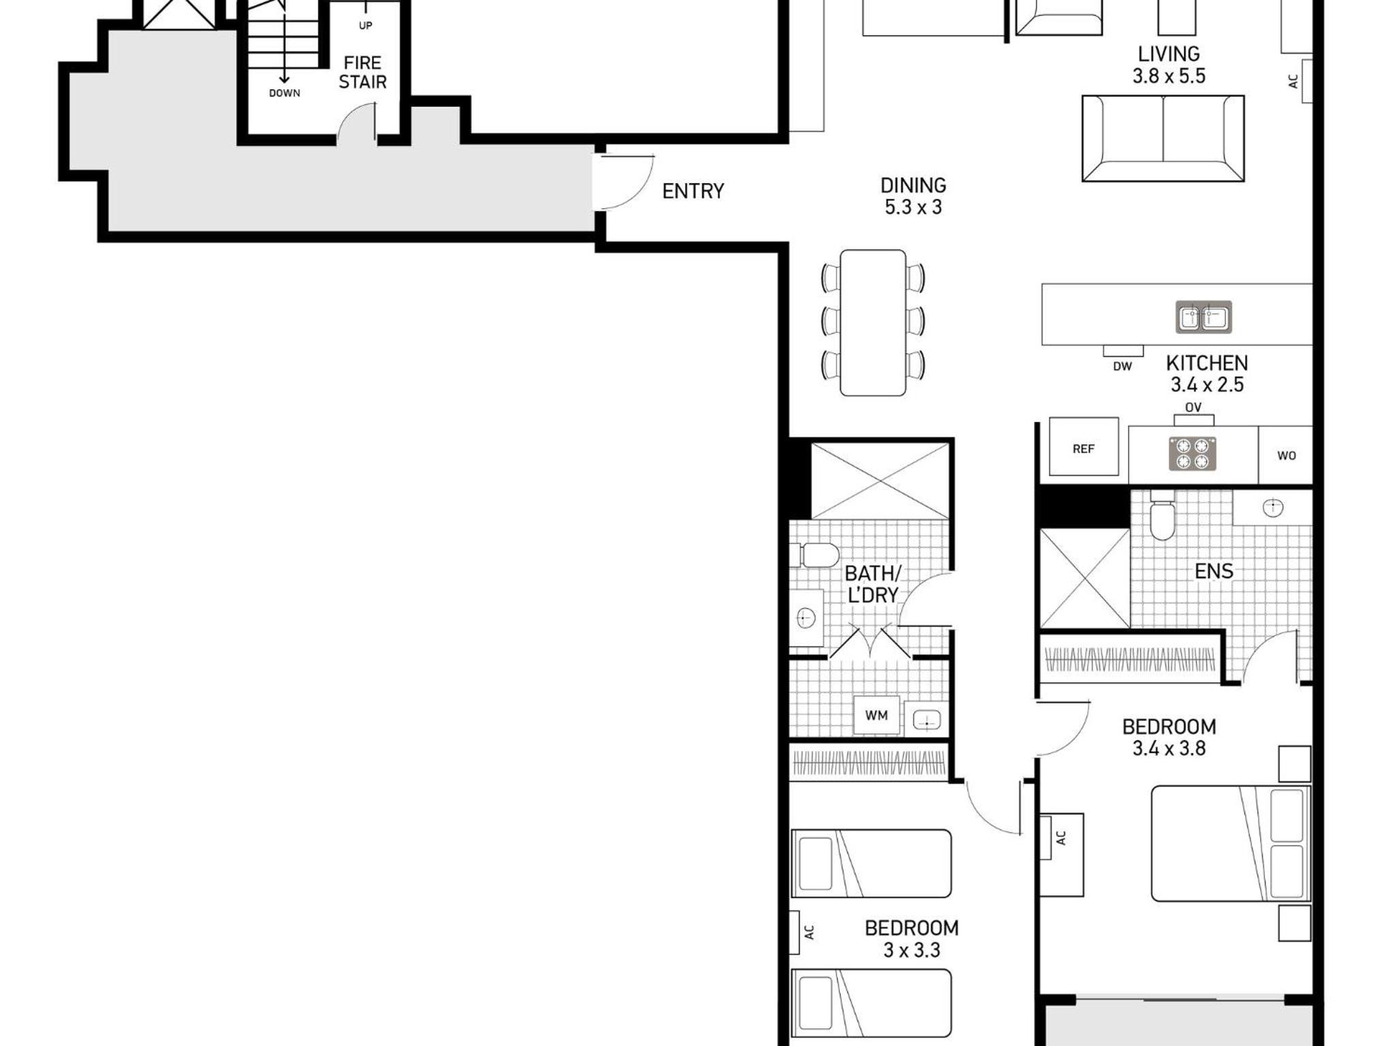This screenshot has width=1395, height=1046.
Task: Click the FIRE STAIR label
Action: (362, 72)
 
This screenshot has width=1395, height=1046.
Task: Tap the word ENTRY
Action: (693, 191)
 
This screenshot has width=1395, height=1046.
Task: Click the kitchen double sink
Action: (1204, 317)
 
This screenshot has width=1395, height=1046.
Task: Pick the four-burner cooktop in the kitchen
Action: (1193, 454)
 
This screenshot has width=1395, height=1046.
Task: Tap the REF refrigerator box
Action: (1084, 447)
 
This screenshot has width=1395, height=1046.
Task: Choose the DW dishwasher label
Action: (1123, 366)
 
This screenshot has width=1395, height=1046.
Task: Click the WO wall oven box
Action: (1286, 455)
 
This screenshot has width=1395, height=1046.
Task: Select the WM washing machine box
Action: (877, 715)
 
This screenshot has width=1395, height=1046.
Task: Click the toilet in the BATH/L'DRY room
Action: (815, 555)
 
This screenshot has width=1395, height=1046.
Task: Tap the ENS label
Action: (1214, 571)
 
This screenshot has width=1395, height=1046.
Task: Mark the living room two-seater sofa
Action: (1163, 138)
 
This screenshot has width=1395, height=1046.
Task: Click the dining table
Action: (873, 323)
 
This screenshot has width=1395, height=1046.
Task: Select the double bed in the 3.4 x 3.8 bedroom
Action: (1231, 844)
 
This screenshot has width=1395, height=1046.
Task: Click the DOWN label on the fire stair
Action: (285, 93)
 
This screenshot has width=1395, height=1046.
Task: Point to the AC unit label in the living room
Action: (1293, 81)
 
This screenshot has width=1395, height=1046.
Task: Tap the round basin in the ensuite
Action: (1273, 507)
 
